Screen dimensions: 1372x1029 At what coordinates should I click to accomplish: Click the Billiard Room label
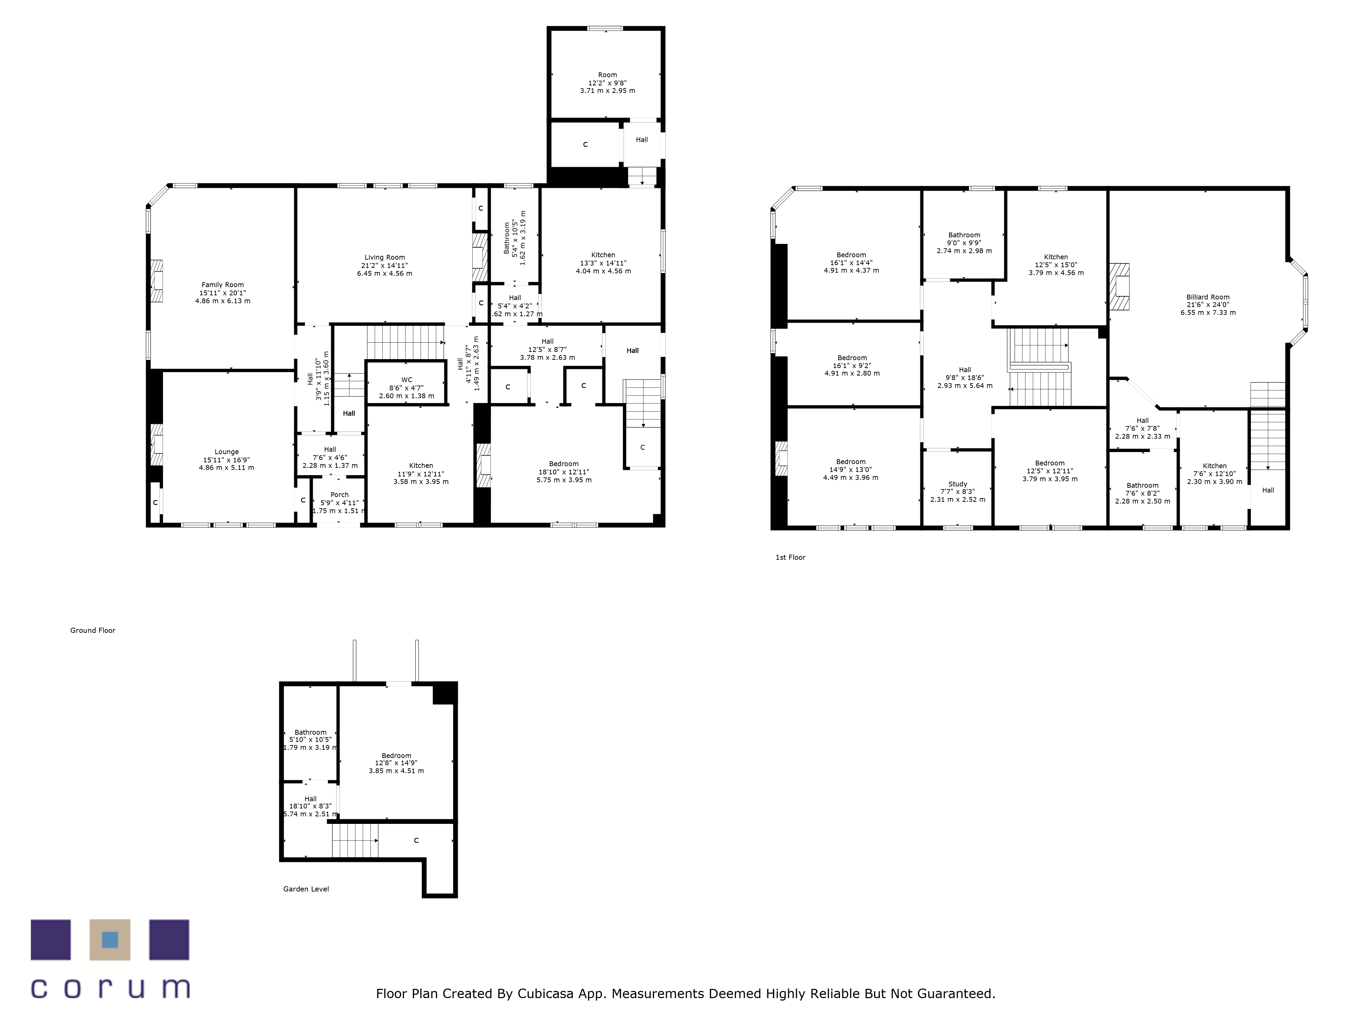point(1208,297)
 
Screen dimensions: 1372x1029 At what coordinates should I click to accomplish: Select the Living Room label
point(385,257)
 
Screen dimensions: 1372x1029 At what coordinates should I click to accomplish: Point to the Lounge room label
point(226,452)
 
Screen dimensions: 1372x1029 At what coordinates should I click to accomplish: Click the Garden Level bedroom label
point(397,756)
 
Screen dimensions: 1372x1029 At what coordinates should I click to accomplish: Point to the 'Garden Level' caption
point(306,889)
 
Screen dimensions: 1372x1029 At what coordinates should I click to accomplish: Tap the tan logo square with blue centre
point(110,940)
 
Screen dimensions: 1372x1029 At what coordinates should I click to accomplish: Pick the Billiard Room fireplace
point(1120,286)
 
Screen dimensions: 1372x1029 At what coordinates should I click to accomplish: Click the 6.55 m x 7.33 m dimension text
point(1208,312)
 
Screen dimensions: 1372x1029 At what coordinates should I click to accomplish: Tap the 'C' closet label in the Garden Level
point(416,840)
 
